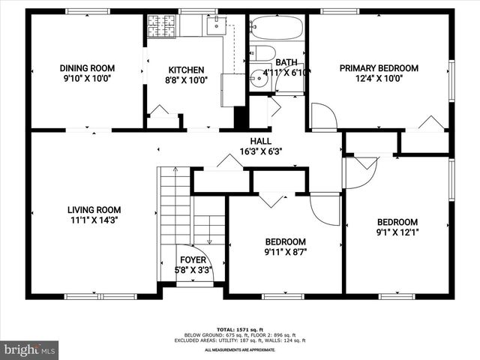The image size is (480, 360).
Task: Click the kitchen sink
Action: [x=215, y=25]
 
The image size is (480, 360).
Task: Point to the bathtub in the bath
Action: [x=276, y=29]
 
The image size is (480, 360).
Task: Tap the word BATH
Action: [x=286, y=63]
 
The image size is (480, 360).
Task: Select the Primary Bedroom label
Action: [x=379, y=68]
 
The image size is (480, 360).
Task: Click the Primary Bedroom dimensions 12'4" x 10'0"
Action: [x=379, y=78]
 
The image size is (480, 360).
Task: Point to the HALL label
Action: [x=260, y=141]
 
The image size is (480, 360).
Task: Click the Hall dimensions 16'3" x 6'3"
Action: [x=260, y=151]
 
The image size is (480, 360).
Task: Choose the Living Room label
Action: [x=94, y=210]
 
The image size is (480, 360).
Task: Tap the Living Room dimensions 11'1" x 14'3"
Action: [x=94, y=220]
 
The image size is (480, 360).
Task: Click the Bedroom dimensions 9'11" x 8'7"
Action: [x=285, y=252]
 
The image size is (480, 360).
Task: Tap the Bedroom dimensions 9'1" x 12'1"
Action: [x=397, y=232]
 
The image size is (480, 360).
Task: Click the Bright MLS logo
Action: [x=30, y=349]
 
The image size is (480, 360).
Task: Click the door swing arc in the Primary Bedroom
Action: [x=324, y=116]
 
